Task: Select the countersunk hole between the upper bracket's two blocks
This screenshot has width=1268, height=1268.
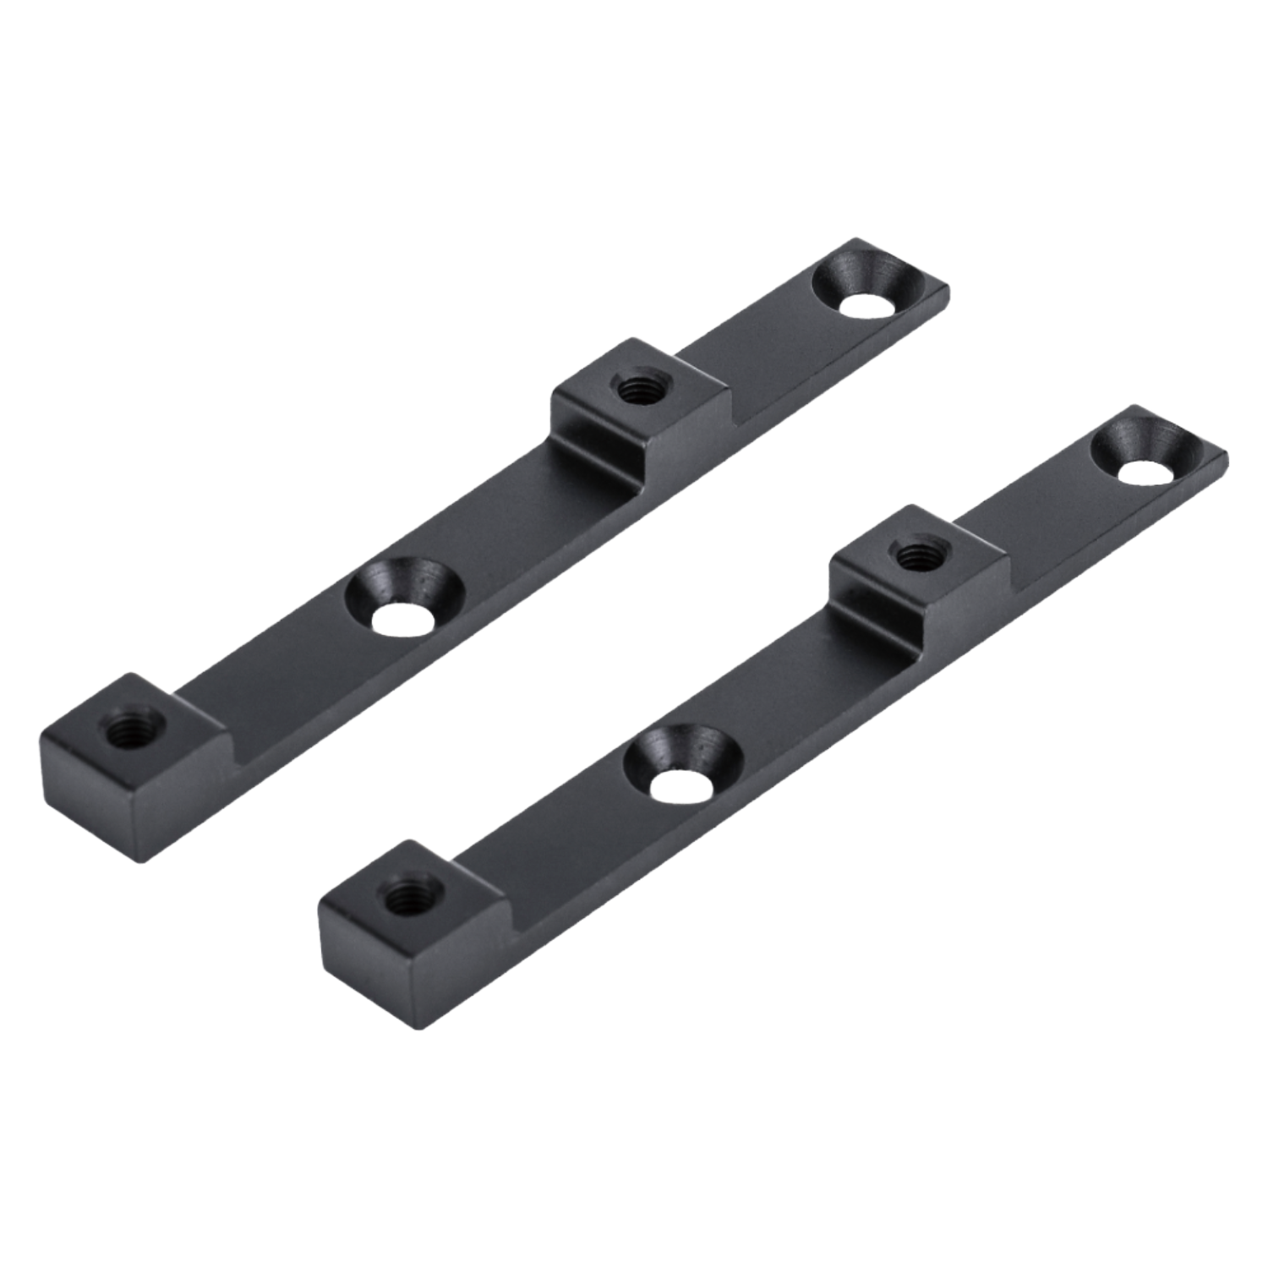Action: [400, 601]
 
